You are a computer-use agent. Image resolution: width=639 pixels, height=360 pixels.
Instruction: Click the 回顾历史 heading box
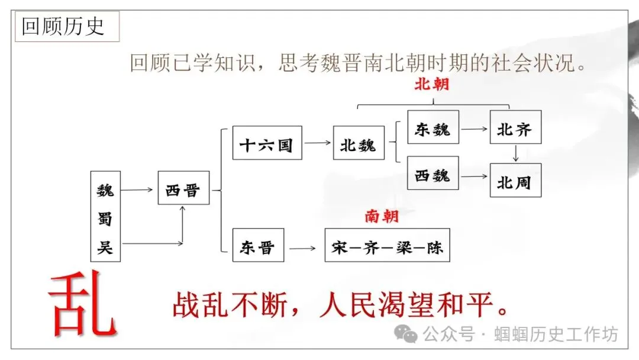[x=63, y=27]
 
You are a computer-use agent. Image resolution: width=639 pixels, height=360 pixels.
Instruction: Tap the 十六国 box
[x=267, y=143]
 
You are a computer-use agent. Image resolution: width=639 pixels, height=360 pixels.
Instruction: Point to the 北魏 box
[x=358, y=143]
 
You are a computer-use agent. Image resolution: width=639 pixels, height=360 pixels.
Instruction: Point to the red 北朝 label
[x=431, y=83]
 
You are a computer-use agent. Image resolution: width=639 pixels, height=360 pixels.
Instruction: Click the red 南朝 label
[x=382, y=216]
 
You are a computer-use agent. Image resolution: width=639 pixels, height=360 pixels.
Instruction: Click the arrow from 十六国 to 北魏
[x=318, y=143]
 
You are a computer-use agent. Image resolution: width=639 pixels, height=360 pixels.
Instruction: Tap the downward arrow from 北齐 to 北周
[x=516, y=153]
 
